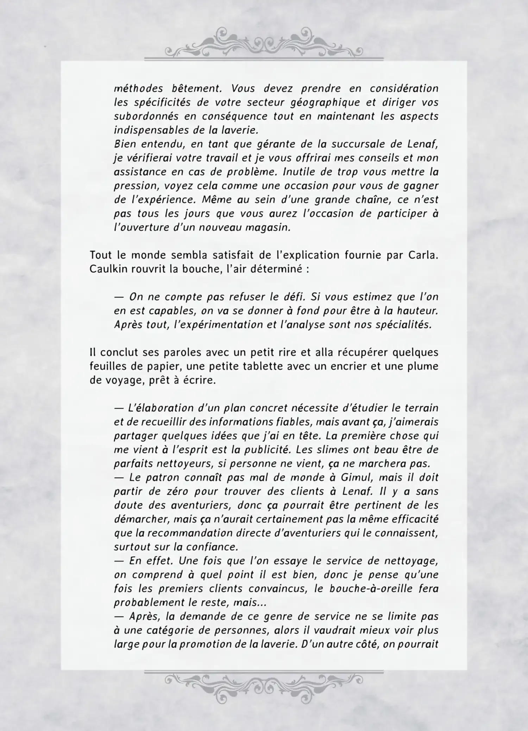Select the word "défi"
pyautogui.click(x=294, y=297)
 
